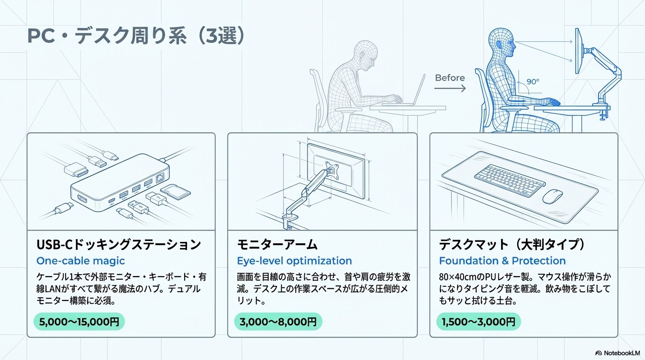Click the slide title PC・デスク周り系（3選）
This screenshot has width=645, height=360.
click(x=136, y=37)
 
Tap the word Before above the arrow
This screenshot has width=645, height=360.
click(x=450, y=78)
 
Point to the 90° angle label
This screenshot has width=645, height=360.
click(x=532, y=81)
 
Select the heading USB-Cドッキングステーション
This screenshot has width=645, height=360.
click(x=119, y=244)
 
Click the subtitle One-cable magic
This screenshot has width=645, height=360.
click(x=81, y=261)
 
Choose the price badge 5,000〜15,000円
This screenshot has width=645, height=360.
click(x=79, y=322)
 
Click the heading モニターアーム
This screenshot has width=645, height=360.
click(x=277, y=244)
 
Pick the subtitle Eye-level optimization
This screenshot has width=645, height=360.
click(x=294, y=261)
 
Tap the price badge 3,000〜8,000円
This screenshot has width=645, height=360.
click(x=278, y=322)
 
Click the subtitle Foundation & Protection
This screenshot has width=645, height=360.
click(x=502, y=261)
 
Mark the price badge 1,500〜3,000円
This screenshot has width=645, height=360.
click(x=479, y=322)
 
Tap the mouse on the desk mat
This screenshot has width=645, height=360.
click(x=553, y=196)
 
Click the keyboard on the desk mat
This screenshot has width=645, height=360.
click(x=506, y=180)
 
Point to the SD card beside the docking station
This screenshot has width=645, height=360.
click(x=175, y=192)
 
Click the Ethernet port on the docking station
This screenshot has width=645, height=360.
click(x=160, y=178)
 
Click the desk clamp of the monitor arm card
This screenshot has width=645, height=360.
click(x=290, y=221)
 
